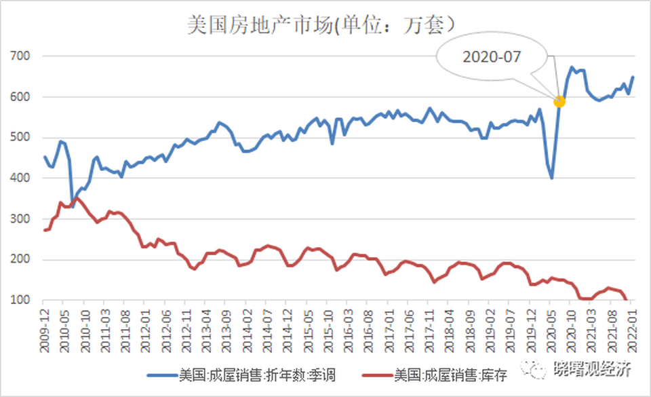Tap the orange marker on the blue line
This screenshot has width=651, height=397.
(559, 101)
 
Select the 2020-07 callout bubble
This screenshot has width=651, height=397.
(492, 57)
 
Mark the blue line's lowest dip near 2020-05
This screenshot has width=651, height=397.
(551, 178)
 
